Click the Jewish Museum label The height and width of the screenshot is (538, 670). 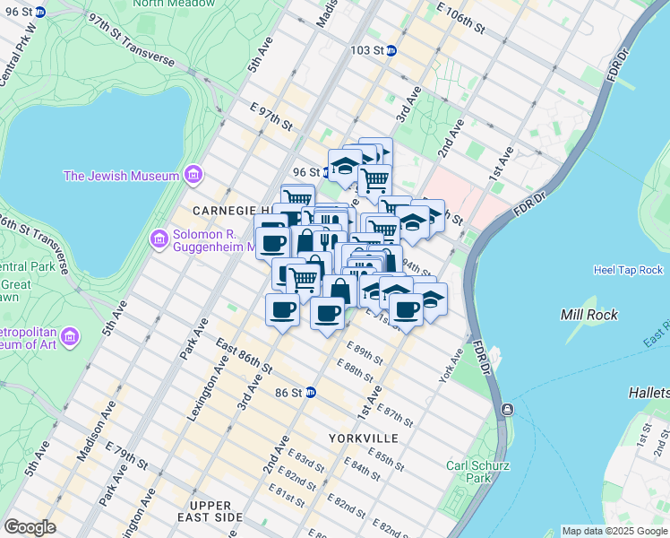[x=121, y=176]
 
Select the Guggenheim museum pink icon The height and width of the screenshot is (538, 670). [x=159, y=239]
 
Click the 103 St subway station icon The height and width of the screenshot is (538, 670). [x=391, y=51]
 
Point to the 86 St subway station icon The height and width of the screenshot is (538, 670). [x=311, y=392]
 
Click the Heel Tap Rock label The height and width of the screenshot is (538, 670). [x=628, y=270]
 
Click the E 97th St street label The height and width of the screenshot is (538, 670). [x=270, y=117]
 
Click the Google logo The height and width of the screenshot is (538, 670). [x=30, y=527]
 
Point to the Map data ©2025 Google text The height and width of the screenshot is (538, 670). [x=614, y=531]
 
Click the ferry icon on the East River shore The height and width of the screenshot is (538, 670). [x=508, y=410]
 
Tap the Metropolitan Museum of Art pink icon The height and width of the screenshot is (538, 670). [x=70, y=336]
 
